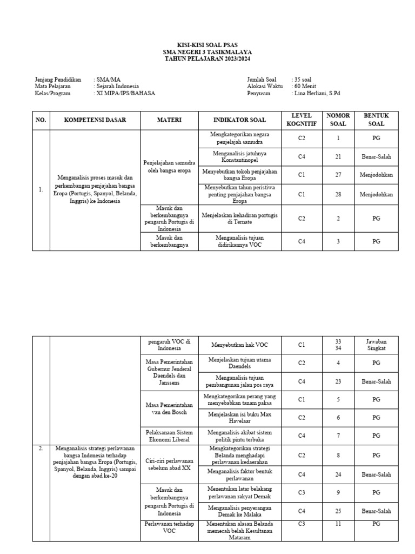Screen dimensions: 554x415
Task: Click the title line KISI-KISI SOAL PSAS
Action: click(x=207, y=45)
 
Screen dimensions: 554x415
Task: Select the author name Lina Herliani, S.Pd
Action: click(x=317, y=93)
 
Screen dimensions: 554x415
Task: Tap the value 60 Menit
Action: click(x=306, y=86)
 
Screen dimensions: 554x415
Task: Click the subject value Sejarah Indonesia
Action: click(x=117, y=86)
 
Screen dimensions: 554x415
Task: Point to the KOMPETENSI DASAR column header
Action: click(x=95, y=120)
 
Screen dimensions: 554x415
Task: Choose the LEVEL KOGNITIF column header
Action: click(x=302, y=120)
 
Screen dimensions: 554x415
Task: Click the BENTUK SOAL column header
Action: click(x=376, y=120)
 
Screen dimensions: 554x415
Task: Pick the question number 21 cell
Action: click(x=338, y=157)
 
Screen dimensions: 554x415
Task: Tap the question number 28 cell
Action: click(x=338, y=194)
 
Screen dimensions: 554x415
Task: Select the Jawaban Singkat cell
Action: click(x=376, y=345)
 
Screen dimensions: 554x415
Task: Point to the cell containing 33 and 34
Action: click(x=338, y=345)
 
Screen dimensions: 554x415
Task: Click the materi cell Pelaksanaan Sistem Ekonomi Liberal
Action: click(x=170, y=436)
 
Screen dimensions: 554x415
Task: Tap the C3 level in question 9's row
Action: click(x=302, y=493)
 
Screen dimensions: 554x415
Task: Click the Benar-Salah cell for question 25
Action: click(x=376, y=511)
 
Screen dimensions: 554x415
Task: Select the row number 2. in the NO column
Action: click(x=41, y=448)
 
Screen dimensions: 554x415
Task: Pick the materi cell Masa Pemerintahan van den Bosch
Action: click(x=170, y=408)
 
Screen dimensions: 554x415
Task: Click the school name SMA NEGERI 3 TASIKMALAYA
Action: click(x=207, y=52)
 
